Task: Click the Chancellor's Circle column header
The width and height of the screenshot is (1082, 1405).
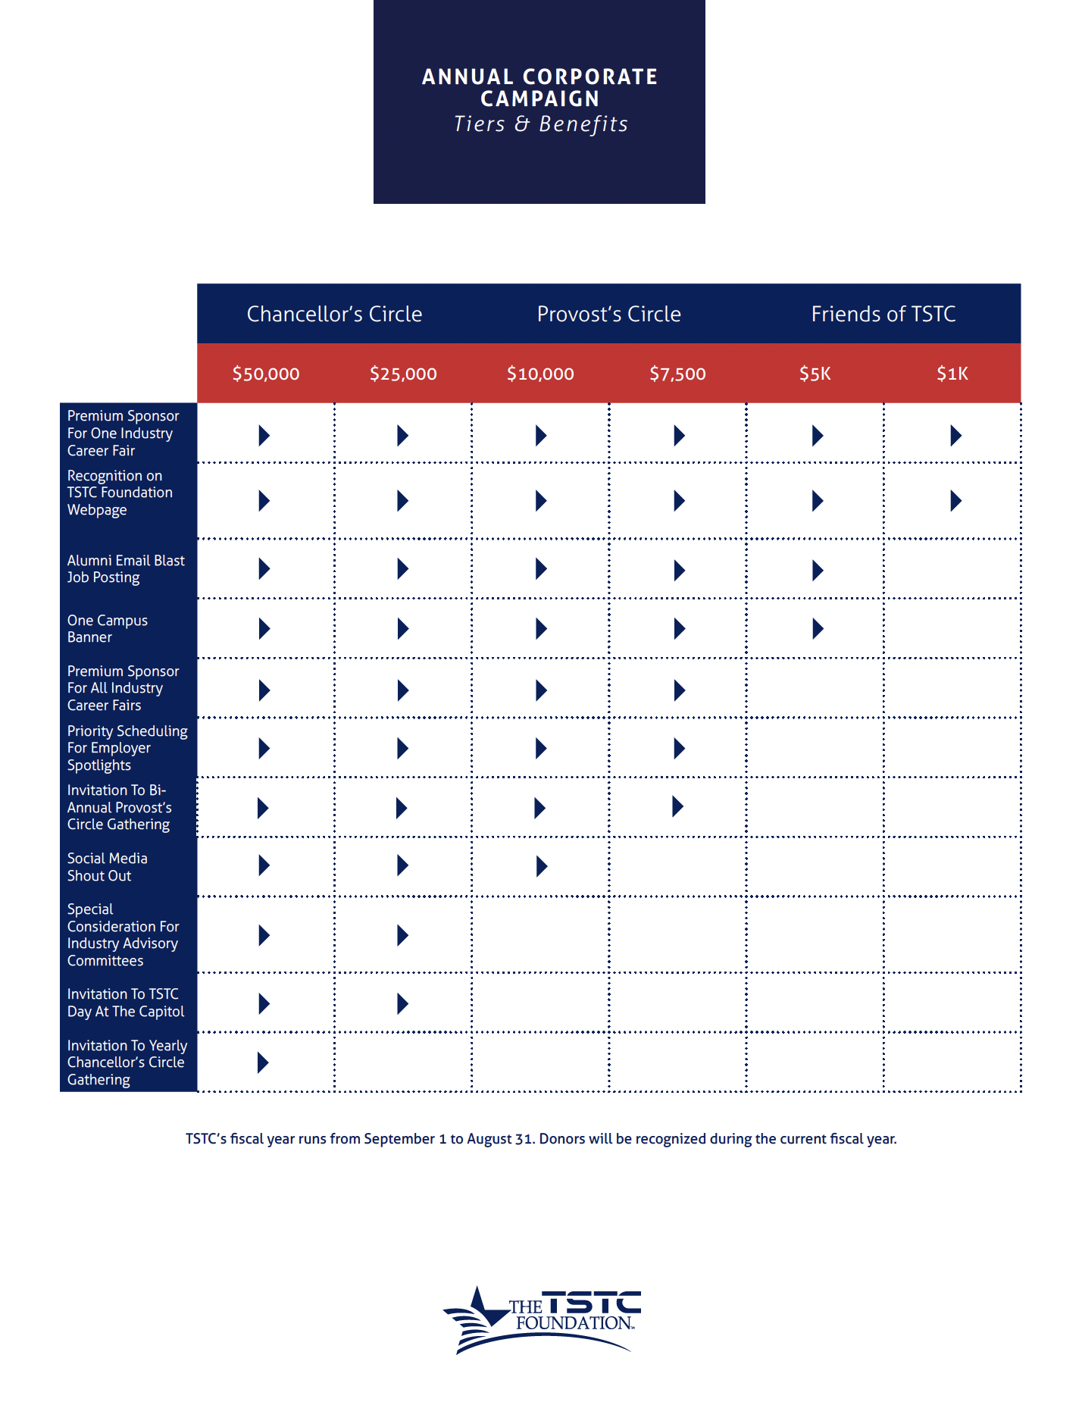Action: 334,314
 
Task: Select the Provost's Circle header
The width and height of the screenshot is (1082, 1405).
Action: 608,314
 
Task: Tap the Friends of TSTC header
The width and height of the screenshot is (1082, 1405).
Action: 883,314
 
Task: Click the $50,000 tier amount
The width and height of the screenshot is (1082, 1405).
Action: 266,374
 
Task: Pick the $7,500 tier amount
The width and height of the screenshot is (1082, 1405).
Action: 677,374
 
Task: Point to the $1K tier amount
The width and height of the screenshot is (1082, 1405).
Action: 952,374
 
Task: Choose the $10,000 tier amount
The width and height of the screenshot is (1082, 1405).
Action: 540,374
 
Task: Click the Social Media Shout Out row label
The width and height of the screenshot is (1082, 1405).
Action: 107,867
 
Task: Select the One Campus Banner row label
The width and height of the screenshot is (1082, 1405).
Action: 107,629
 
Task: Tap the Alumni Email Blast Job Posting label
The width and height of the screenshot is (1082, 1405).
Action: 125,569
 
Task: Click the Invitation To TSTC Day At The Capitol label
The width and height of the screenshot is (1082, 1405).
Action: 125,1003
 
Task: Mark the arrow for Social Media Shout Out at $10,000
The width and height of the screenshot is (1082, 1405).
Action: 541,866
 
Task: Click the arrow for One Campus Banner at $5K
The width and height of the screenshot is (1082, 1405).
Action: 818,629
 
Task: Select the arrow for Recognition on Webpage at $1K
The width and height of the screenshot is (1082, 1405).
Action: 955,501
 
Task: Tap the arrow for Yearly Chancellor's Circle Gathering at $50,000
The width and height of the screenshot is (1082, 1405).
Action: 263,1062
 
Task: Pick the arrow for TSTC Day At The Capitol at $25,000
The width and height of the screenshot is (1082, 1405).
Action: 402,1004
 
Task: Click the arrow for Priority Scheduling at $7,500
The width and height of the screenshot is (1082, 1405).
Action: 679,749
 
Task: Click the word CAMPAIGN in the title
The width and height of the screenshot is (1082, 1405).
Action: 539,99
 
